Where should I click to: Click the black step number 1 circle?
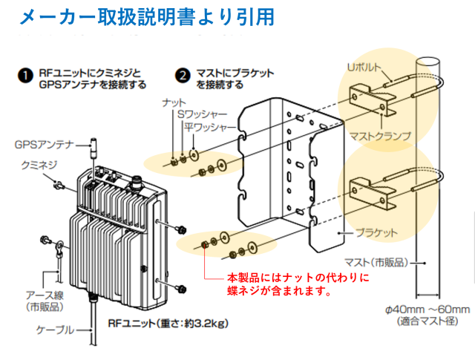[x=25, y=75]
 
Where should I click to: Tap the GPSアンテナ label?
[x=42, y=145]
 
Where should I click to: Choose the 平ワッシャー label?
[x=212, y=127]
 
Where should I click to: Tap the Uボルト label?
[x=364, y=68]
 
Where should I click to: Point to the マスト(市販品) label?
[x=379, y=262]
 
